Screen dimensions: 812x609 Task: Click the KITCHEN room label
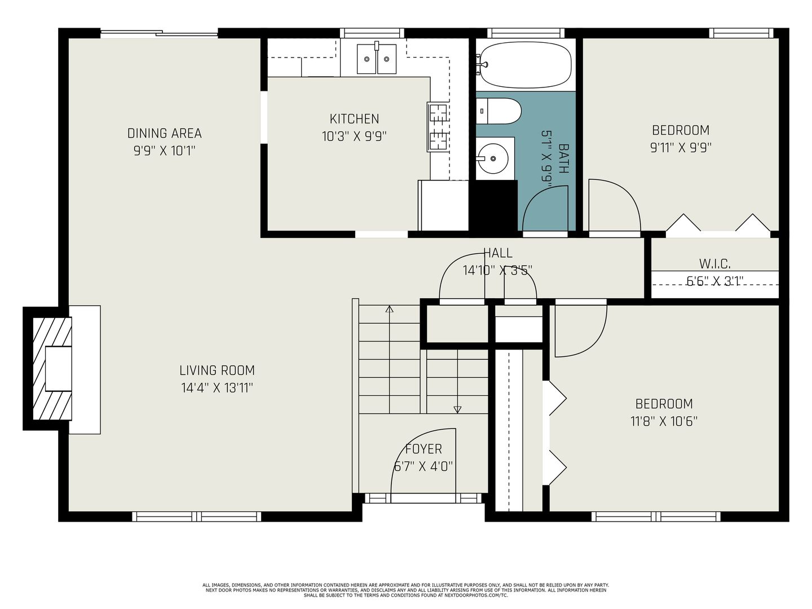click(354, 118)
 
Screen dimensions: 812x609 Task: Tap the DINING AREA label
click(164, 133)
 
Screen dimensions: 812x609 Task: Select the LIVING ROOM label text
click(217, 370)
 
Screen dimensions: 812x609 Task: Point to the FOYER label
click(423, 449)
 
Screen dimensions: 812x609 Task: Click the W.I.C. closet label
click(714, 264)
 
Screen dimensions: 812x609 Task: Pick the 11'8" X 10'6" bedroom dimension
click(664, 421)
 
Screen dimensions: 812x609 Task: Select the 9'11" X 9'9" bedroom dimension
click(681, 148)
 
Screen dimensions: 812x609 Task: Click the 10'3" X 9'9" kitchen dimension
click(354, 136)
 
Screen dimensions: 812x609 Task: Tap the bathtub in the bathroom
click(525, 65)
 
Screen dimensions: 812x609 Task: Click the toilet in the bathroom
click(498, 111)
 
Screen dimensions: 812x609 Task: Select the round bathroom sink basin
click(493, 158)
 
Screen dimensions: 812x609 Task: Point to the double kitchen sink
click(377, 59)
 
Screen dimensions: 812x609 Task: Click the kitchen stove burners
click(439, 127)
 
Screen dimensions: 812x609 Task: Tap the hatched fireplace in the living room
click(52, 369)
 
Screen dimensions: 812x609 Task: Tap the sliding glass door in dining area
click(159, 34)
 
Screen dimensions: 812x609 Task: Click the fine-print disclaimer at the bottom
click(406, 590)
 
